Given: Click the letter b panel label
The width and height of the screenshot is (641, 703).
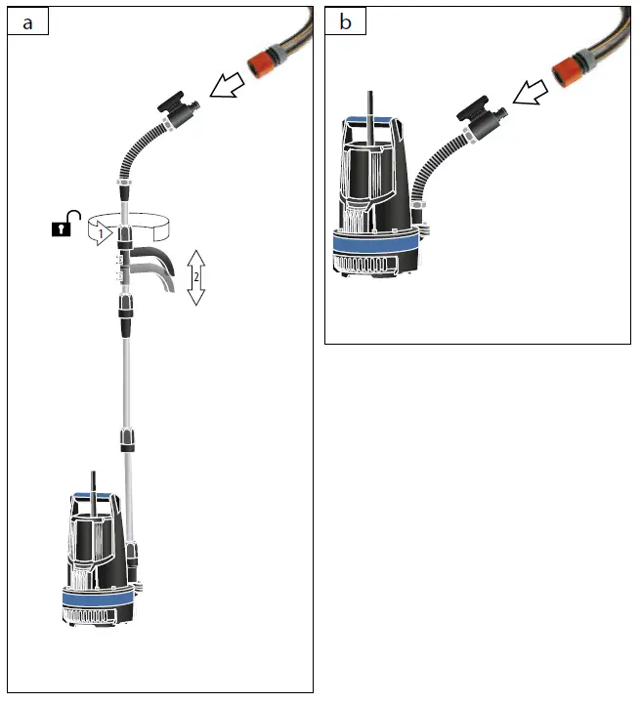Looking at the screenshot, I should [x=345, y=22].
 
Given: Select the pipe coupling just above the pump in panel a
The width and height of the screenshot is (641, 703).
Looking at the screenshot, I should [x=127, y=438].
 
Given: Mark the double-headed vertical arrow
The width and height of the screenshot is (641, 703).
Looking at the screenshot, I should [x=195, y=276].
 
